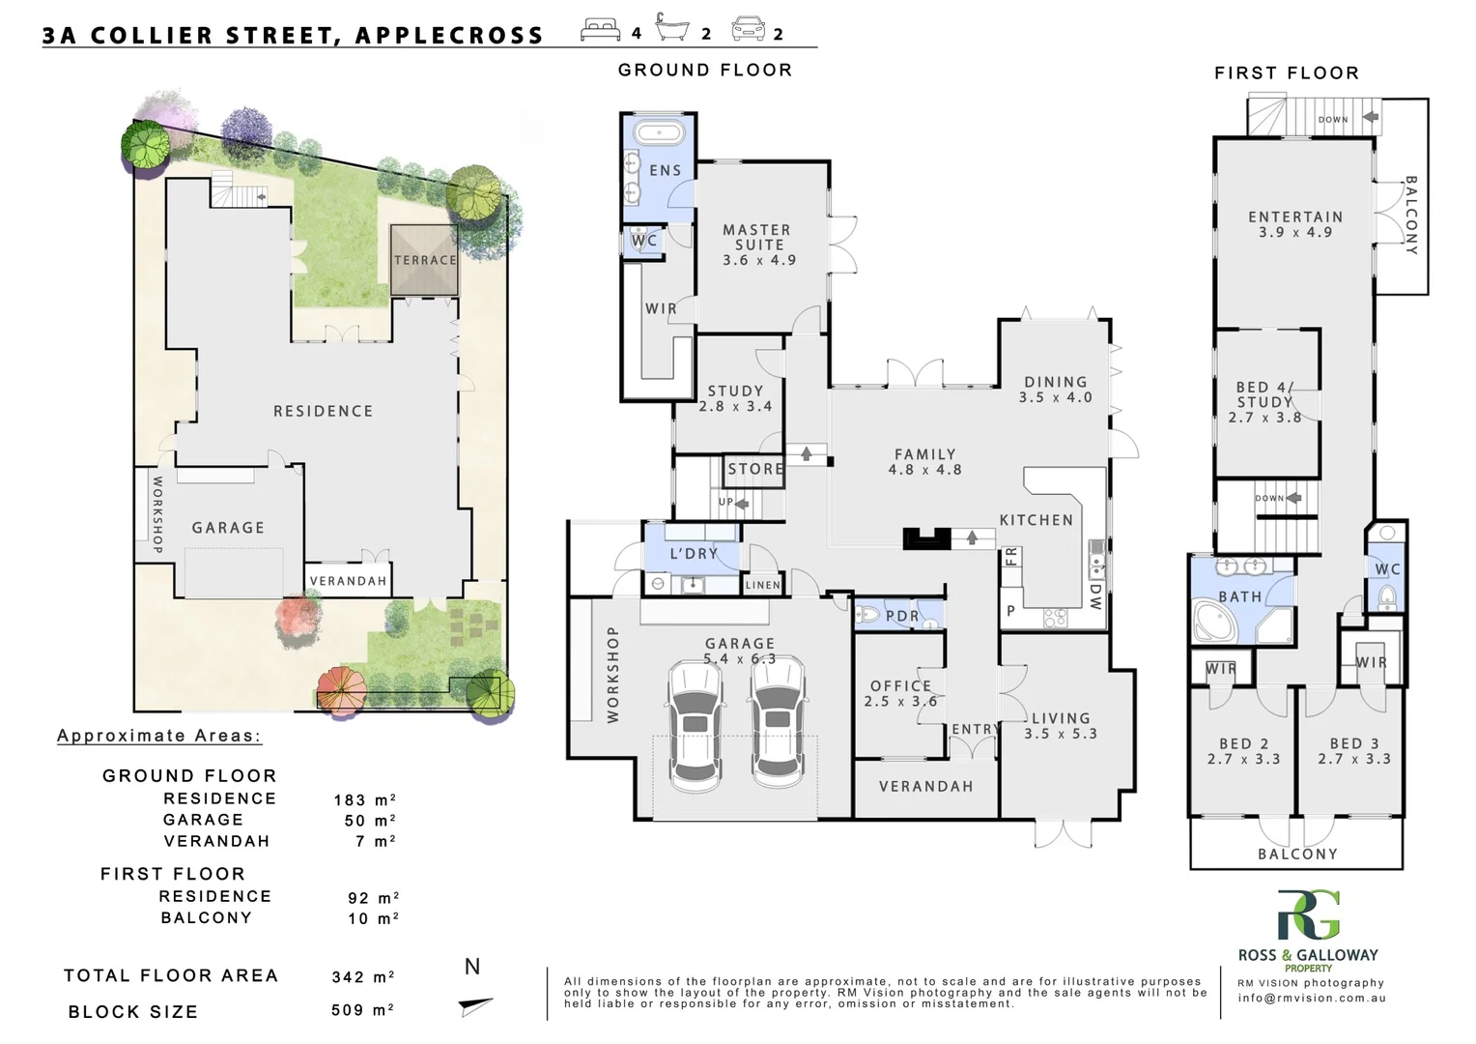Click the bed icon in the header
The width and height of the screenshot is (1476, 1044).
click(600, 30)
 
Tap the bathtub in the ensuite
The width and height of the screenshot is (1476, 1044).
click(659, 133)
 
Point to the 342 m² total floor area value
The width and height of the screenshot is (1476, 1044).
click(363, 977)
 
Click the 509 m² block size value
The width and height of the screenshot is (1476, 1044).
click(363, 1011)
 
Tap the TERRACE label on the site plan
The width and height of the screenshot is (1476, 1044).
click(425, 260)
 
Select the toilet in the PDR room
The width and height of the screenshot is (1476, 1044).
click(868, 615)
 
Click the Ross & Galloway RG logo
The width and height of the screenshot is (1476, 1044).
click(1309, 915)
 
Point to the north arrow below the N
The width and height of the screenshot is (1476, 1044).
click(474, 1006)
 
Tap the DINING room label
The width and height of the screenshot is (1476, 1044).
click(1056, 390)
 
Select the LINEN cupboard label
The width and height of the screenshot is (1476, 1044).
click(763, 585)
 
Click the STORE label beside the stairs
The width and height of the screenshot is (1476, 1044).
click(755, 469)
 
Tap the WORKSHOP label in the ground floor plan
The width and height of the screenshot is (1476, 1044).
click(612, 674)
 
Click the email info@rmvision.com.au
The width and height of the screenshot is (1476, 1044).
click(1311, 999)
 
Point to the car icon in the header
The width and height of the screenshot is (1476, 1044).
click(748, 30)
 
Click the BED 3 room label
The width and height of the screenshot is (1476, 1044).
click(1354, 751)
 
